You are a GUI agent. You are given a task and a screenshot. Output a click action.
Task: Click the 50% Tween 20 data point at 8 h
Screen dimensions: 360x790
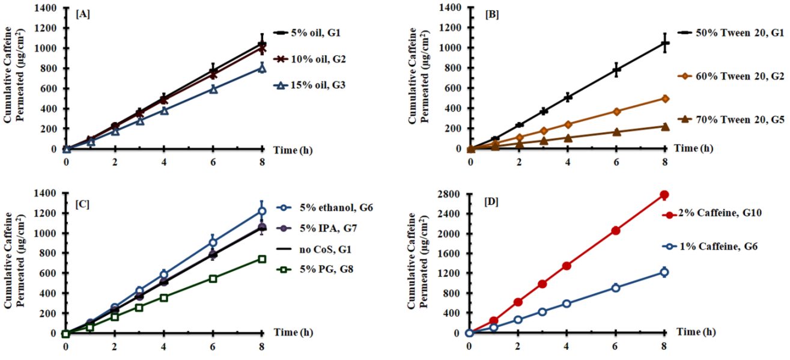click(x=665, y=43)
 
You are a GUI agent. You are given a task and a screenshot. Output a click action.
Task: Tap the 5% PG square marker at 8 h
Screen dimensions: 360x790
click(x=262, y=259)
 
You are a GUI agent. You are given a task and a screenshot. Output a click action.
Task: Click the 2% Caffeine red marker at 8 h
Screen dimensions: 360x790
click(x=664, y=195)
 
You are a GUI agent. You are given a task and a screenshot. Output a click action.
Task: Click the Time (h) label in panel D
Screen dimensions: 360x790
click(x=697, y=331)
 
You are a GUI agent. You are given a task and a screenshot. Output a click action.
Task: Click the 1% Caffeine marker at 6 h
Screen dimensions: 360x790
click(x=616, y=287)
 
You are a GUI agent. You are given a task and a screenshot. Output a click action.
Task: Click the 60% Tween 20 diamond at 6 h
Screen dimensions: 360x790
click(x=616, y=111)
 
